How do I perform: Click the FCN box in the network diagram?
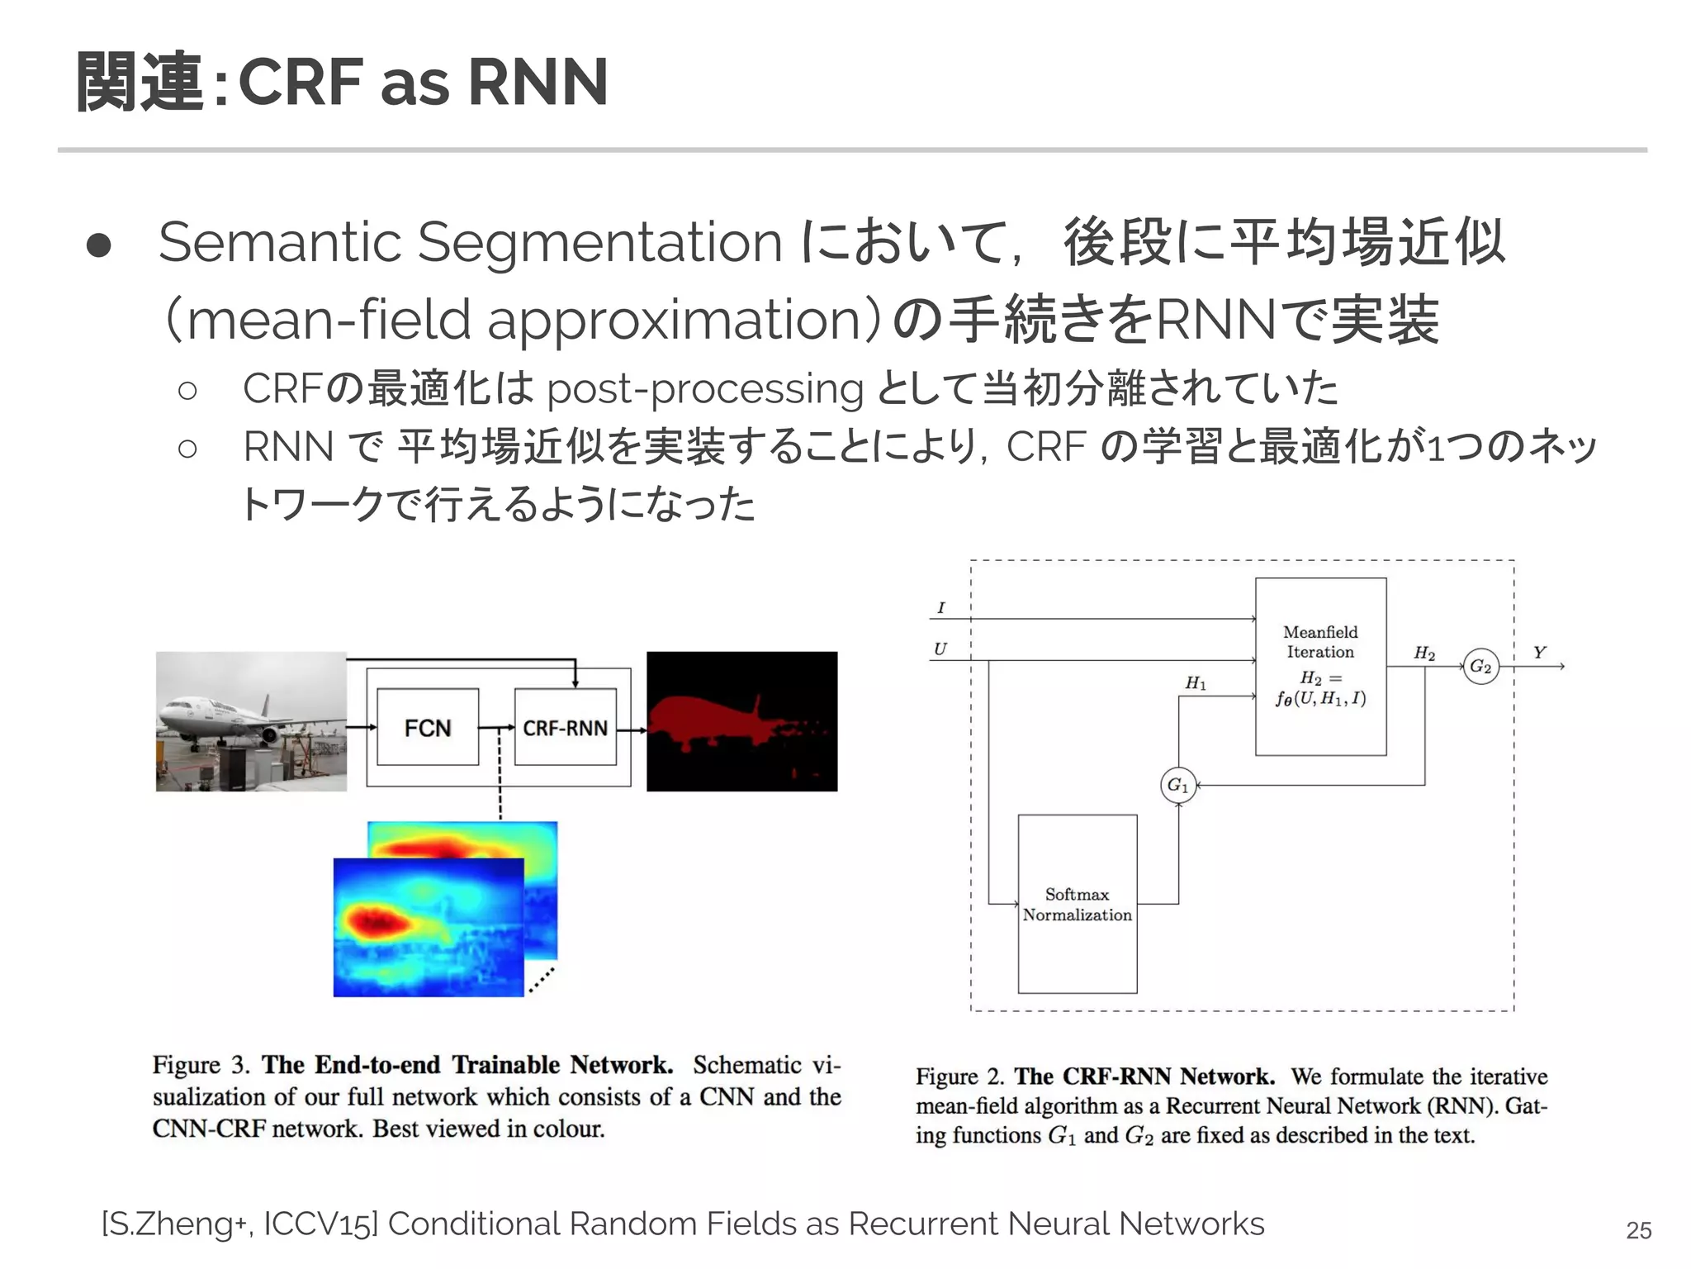[427, 727]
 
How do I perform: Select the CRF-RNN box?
[565, 727]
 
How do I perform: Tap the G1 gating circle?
[1178, 785]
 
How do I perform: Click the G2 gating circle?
[1480, 666]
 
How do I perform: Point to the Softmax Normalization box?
[1077, 904]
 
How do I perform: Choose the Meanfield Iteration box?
[1320, 666]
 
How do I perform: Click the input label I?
[940, 608]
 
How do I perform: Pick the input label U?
[940, 649]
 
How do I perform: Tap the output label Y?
[1539, 653]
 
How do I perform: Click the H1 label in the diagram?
[1196, 683]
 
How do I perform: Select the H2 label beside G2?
[1424, 653]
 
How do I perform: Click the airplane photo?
[251, 721]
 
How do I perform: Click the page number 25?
[1638, 1230]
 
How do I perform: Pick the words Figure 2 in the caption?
[959, 1077]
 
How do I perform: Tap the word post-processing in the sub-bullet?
[705, 388]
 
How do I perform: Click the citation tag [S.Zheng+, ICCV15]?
[239, 1224]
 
